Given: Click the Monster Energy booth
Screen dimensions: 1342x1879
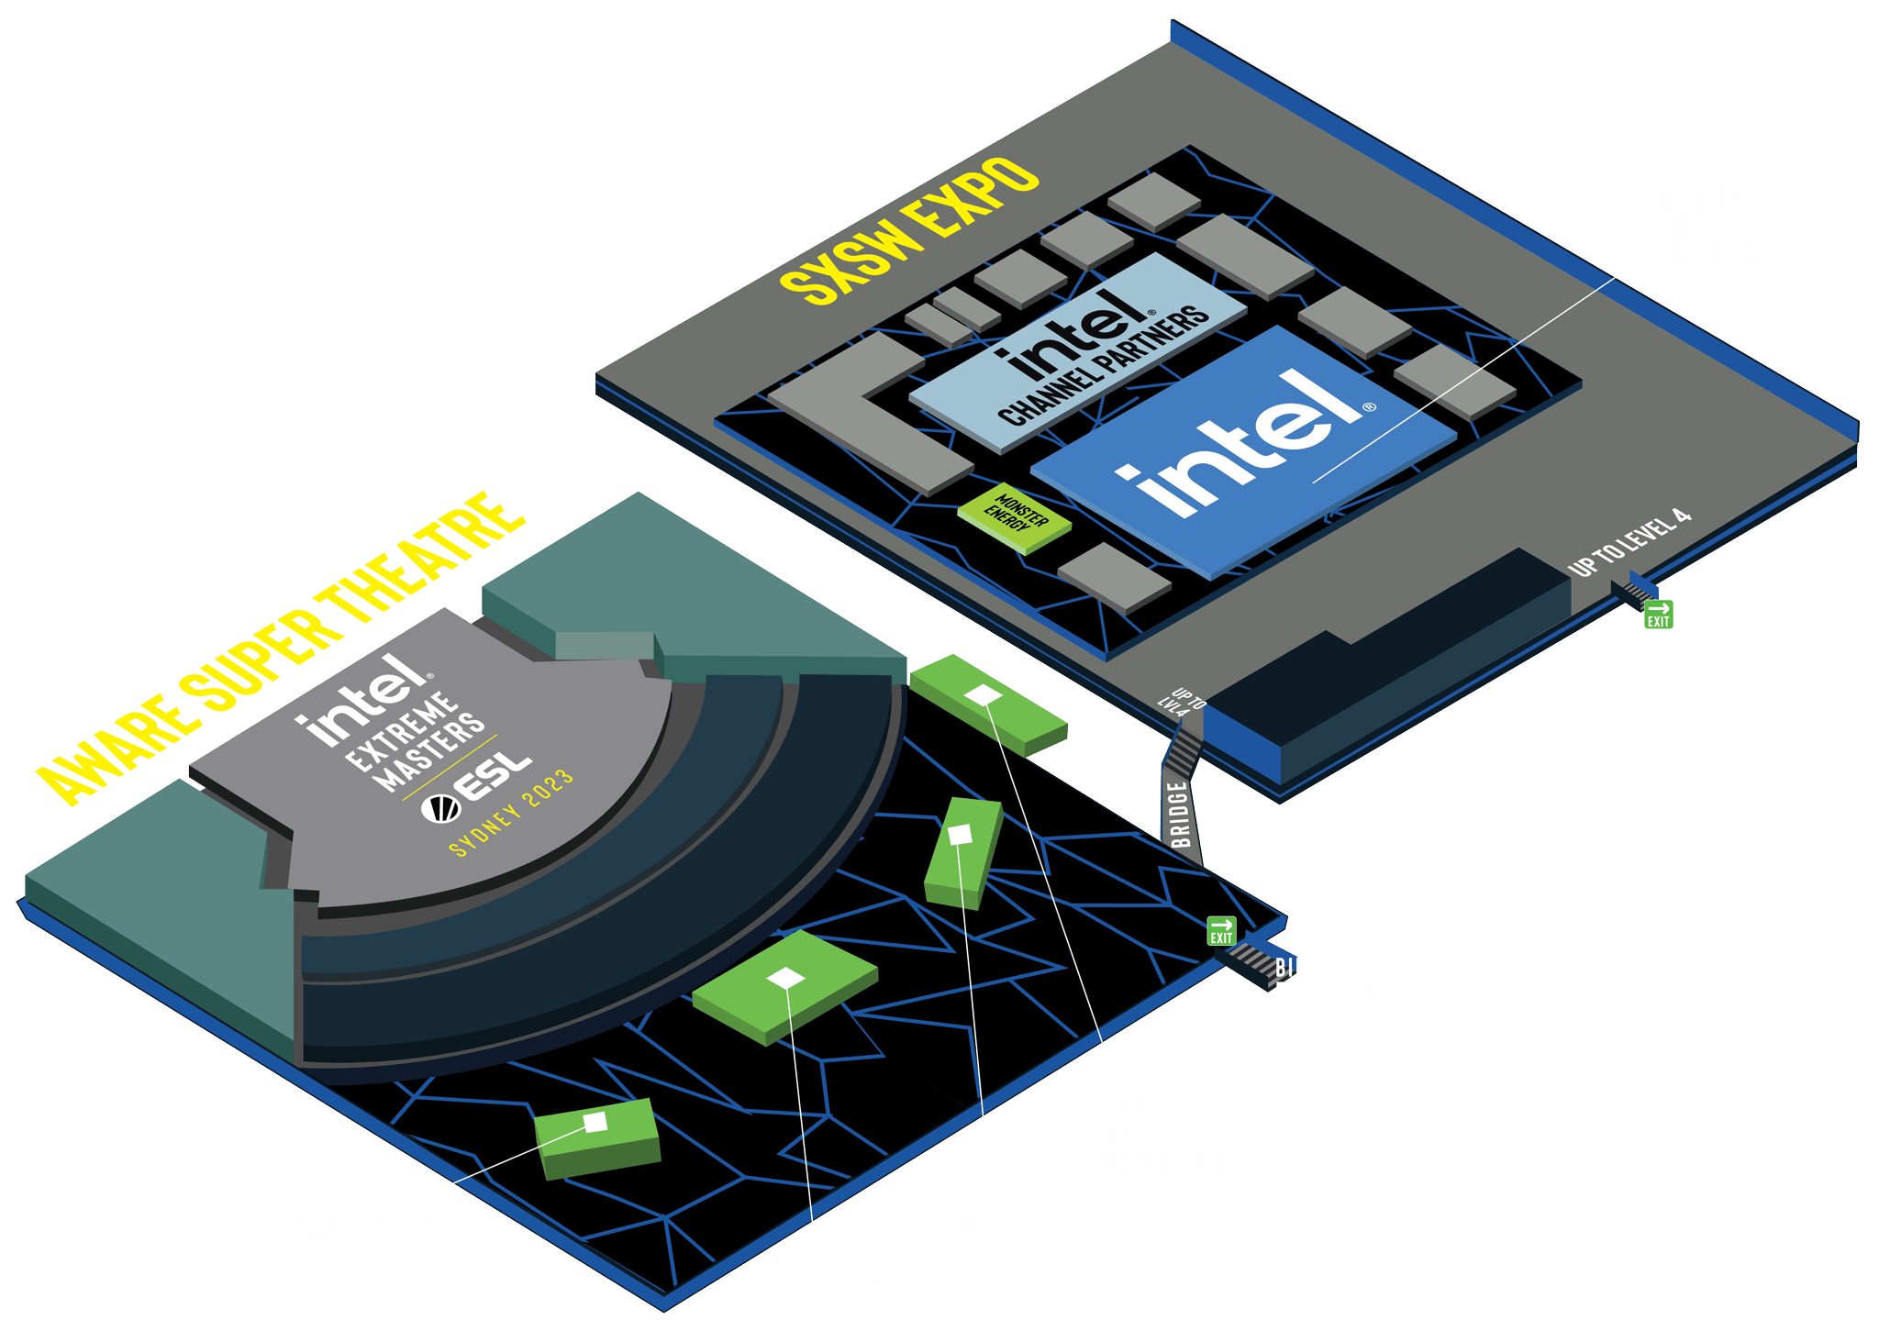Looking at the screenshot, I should click(1015, 517).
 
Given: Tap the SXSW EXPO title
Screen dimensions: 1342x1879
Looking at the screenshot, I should click(908, 230).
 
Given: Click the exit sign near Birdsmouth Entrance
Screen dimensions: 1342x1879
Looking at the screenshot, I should click(1221, 929).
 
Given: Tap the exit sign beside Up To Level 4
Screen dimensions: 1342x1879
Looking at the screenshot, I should click(1658, 614).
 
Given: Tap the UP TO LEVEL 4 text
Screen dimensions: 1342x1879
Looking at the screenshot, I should click(1629, 543).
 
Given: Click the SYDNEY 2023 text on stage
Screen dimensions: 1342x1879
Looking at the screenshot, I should click(512, 813).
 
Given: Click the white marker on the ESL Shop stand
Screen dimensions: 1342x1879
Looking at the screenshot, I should click(785, 978).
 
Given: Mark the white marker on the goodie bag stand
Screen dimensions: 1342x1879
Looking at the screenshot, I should click(983, 695).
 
